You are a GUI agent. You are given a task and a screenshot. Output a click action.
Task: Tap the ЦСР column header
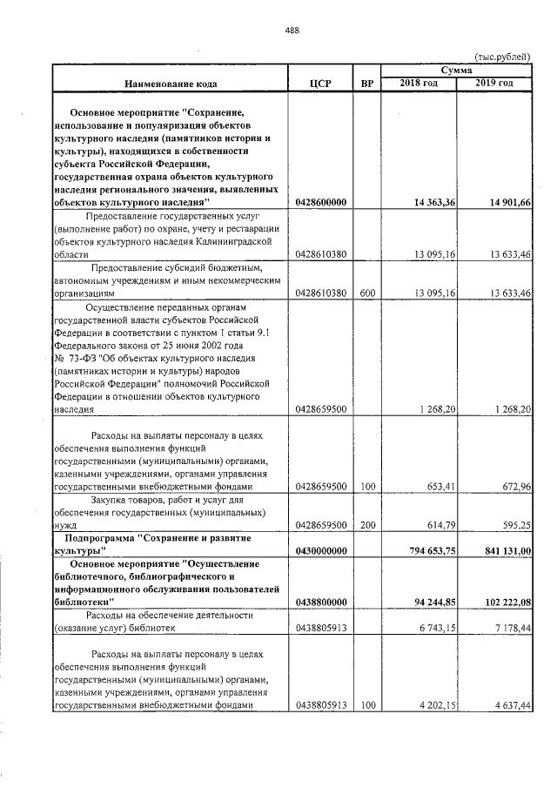pos(320,84)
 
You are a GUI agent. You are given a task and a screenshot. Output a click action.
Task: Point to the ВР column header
pos(366,84)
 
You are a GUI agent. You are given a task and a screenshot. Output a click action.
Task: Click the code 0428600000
pos(321,202)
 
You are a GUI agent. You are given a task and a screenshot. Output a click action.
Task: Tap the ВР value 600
pos(366,293)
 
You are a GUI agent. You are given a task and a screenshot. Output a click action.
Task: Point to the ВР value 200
pos(366,525)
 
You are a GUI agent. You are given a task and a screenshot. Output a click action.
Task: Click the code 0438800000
pos(321,602)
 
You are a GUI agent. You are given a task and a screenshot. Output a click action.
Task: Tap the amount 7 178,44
pos(512,628)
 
